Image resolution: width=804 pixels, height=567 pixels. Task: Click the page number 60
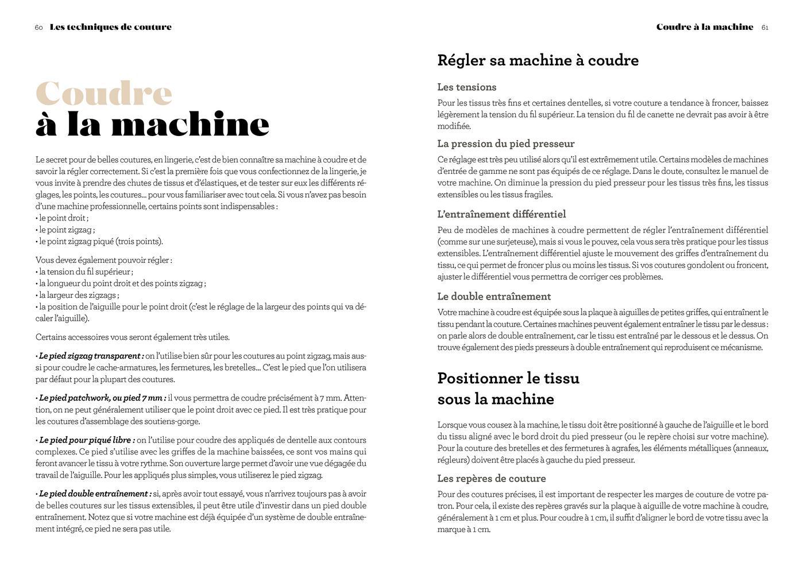(38, 28)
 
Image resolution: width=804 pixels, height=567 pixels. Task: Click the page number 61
(764, 28)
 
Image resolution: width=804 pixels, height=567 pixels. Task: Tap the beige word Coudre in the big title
(104, 94)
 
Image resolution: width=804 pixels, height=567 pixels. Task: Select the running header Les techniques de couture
(111, 27)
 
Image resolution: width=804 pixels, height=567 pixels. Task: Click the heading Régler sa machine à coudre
(538, 60)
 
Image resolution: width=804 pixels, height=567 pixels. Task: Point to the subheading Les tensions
(466, 87)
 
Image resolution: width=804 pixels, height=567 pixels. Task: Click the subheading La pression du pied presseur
(505, 143)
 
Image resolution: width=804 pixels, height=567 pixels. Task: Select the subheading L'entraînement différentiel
(501, 214)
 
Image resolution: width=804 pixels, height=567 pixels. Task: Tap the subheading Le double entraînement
(494, 297)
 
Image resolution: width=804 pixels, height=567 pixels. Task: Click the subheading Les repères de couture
(491, 479)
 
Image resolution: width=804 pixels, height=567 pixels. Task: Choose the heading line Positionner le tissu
(508, 378)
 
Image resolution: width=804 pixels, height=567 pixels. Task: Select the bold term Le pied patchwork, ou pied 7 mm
(102, 398)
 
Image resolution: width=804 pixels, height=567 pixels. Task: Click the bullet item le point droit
(63, 218)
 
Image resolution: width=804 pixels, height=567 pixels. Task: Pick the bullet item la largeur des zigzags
(79, 295)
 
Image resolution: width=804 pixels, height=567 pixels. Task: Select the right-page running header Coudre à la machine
(705, 27)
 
